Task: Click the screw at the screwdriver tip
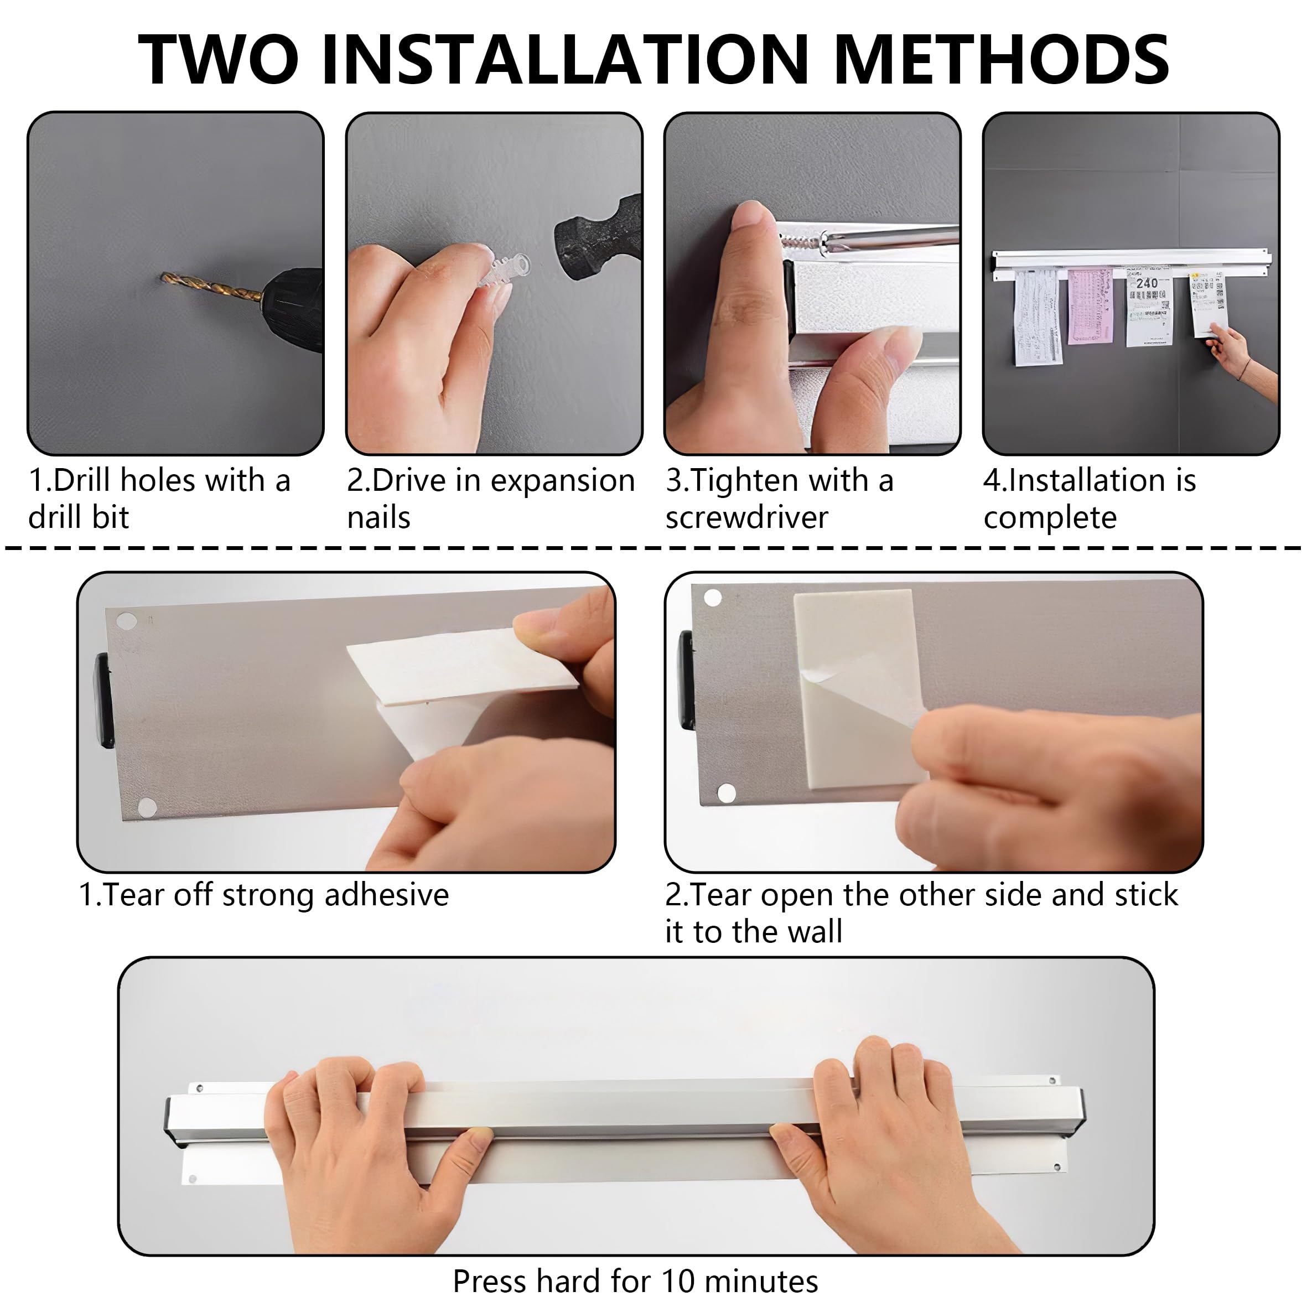[801, 243]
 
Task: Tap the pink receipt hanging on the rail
[1090, 306]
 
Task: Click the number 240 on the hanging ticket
[1147, 283]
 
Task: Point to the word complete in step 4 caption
[1050, 518]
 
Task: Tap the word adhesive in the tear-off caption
[386, 895]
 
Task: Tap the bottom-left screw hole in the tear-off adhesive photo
[146, 806]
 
